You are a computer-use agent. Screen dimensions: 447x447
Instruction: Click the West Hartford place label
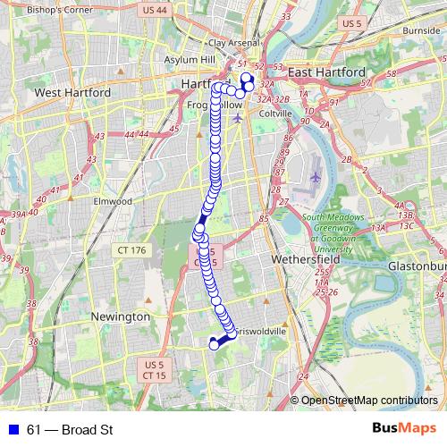coord(72,92)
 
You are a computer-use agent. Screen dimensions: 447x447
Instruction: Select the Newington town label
coord(121,316)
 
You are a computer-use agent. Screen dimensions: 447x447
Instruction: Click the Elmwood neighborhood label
coord(113,202)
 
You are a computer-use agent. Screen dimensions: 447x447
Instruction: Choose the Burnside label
coord(421,30)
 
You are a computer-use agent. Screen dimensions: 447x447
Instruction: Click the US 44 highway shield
coord(155,10)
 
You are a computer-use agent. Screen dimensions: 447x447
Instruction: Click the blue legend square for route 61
coord(13,431)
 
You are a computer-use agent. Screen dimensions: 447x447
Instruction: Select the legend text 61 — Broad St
coord(70,431)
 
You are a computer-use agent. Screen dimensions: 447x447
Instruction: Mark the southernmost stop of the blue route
coord(214,344)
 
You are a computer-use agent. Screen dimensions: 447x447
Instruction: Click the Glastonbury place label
coord(415,266)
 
